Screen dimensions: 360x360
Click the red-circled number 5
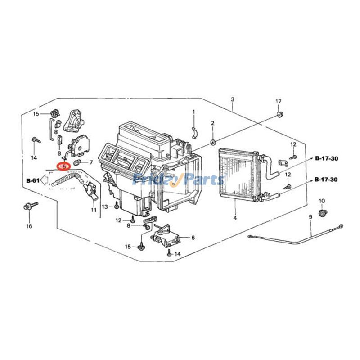pyautogui.click(x=64, y=166)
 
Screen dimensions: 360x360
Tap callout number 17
pyautogui.click(x=278, y=101)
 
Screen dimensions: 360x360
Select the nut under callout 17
pyautogui.click(x=279, y=114)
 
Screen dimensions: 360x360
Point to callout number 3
pyautogui.click(x=233, y=99)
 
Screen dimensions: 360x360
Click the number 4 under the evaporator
pyautogui.click(x=235, y=218)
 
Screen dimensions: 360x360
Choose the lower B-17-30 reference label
pyautogui.click(x=326, y=179)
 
